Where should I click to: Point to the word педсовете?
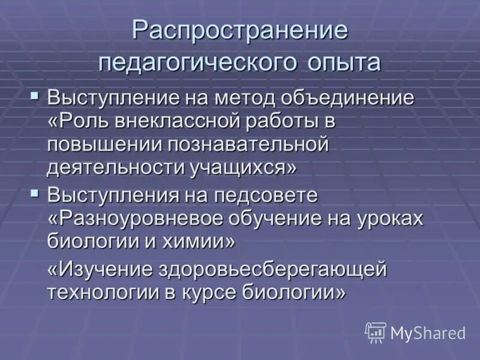269,196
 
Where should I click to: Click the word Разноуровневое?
137,218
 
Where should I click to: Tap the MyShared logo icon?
376,332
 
